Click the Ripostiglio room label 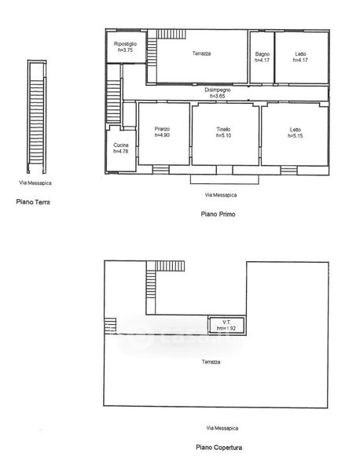(x=125, y=44)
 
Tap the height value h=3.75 (x=125, y=50)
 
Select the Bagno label (x=263, y=54)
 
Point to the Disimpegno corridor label (x=218, y=90)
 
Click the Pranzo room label (x=162, y=129)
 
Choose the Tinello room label (x=223, y=129)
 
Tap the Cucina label (x=121, y=145)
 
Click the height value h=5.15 (x=296, y=136)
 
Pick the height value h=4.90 (x=162, y=135)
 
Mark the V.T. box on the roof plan (x=226, y=325)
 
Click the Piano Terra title (x=33, y=202)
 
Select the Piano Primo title (x=218, y=214)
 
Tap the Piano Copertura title (x=219, y=448)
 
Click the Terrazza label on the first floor (x=201, y=53)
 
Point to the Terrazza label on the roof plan (x=211, y=362)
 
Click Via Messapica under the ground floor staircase (x=35, y=183)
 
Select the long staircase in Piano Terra (x=37, y=116)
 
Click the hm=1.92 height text (x=226, y=328)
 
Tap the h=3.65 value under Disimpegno (x=218, y=96)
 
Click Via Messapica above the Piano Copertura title (x=222, y=428)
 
